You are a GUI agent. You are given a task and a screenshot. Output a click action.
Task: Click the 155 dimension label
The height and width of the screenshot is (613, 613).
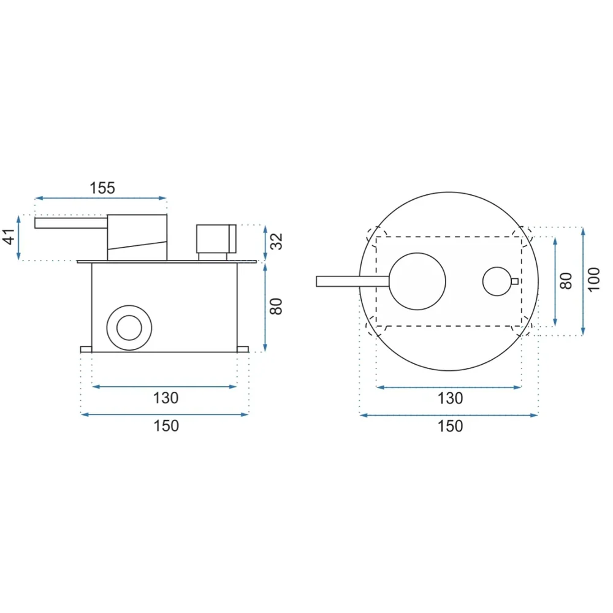(x=102, y=188)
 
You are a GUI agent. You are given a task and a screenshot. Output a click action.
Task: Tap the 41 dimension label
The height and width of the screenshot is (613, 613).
(x=9, y=237)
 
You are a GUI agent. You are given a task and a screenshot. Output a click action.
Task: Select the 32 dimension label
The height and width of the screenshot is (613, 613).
(x=276, y=241)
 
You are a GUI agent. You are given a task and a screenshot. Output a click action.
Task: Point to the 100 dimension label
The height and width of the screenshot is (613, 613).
(x=594, y=280)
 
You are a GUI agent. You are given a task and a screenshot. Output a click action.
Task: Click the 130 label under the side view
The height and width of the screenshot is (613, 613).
(x=166, y=398)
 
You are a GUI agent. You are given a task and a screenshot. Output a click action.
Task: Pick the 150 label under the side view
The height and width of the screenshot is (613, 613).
(x=166, y=426)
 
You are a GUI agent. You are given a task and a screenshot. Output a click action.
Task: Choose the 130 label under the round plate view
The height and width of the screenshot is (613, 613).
(x=450, y=398)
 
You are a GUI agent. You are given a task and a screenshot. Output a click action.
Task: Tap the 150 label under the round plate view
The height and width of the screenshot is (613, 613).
(x=450, y=426)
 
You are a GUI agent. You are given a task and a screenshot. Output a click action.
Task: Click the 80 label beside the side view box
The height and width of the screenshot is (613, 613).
(x=276, y=306)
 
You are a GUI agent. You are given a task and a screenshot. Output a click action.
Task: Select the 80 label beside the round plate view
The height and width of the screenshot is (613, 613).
(x=566, y=281)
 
